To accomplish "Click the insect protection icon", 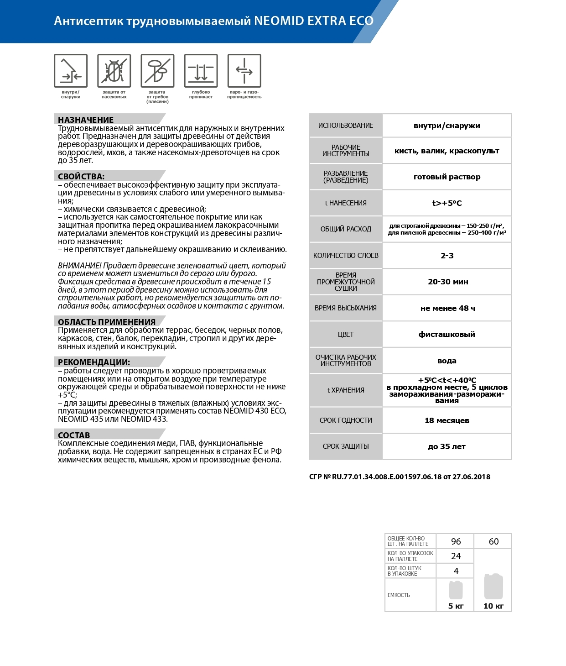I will point(114,71).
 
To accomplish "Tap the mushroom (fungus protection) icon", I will point(157,71).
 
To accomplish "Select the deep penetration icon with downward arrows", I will point(201,71).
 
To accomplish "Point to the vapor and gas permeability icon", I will point(244,71).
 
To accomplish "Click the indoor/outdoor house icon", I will point(71,71).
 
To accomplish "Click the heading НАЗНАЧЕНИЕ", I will point(86,120).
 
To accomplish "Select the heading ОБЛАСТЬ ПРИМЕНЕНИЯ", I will point(107,322).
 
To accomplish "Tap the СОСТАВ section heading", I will point(74,435).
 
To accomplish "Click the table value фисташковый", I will point(447,334).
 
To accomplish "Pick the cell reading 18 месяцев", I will point(447,420).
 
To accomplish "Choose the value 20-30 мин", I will point(447,282).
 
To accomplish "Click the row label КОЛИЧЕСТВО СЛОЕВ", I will point(346,256).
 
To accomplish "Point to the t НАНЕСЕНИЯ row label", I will point(346,203).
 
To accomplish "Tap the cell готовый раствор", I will point(447,177).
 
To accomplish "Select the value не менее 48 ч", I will point(447,308).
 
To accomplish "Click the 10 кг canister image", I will point(493,587).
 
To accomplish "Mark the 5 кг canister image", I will point(456,590).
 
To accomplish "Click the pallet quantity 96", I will point(456,541).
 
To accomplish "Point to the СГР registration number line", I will point(400,477).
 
